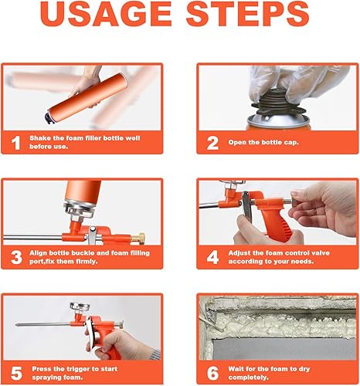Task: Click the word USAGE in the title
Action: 106,14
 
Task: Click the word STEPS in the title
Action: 247,14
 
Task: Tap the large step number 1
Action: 16,143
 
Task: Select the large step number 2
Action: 212,143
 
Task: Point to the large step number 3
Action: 16,258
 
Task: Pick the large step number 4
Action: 212,258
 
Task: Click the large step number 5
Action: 16,374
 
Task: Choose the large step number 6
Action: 212,374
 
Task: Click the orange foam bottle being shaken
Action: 87,98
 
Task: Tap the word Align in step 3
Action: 38,253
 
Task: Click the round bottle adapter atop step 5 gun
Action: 80,306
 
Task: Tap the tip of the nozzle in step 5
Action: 16,325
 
